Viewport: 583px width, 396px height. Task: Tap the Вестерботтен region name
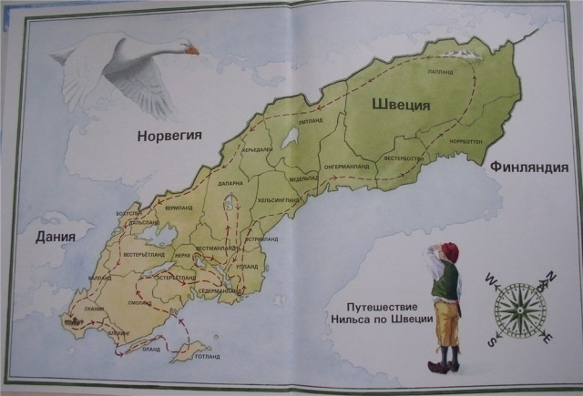click(404, 158)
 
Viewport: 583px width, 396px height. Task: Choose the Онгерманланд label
click(344, 167)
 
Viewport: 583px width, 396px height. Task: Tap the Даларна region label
click(230, 183)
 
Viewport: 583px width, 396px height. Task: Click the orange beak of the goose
click(191, 50)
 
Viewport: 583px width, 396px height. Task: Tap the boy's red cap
click(449, 251)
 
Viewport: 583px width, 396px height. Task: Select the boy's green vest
click(444, 284)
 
